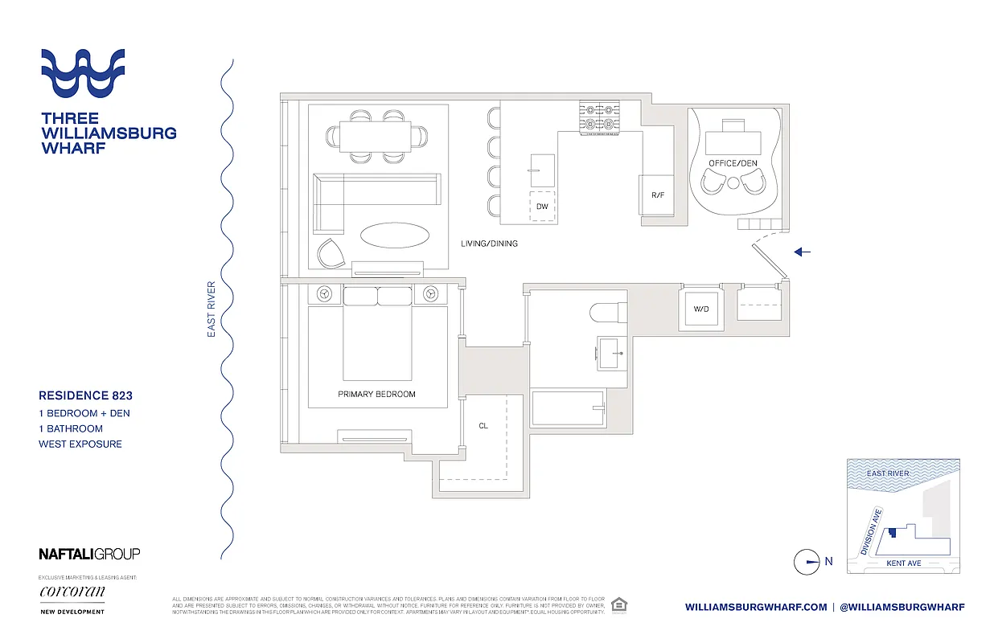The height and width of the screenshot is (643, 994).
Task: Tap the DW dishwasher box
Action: point(542,207)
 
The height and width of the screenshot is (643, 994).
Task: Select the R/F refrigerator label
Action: point(657,195)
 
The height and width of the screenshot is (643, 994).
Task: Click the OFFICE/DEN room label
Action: point(733,163)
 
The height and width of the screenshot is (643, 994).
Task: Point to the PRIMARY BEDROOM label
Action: point(376,394)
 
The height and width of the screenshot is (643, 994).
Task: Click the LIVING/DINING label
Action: point(489,244)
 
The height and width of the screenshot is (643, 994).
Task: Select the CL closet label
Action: point(483,426)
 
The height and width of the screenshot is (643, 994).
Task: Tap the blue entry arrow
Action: point(803,252)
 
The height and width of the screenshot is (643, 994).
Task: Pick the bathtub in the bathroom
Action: point(568,408)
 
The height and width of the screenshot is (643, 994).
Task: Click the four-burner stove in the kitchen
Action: point(600,117)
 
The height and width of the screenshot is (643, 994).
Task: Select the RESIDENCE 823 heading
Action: point(85,395)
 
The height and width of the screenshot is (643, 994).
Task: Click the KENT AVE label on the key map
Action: point(903,563)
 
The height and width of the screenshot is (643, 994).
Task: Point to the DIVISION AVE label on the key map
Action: point(872,531)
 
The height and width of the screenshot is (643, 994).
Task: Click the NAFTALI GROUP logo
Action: point(89,554)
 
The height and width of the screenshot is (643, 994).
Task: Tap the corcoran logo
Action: point(72,592)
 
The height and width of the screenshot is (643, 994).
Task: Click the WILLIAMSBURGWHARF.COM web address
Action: point(756,608)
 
